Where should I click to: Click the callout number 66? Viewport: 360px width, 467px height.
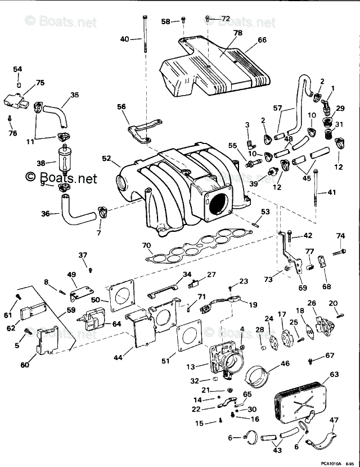tap(262, 41)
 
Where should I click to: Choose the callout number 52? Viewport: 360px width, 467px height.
tap(107, 159)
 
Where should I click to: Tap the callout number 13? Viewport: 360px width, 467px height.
tap(191, 367)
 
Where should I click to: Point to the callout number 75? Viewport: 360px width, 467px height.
tap(39, 83)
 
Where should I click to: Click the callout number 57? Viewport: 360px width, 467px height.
tap(277, 108)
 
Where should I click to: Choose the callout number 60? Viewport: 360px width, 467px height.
tap(24, 365)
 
